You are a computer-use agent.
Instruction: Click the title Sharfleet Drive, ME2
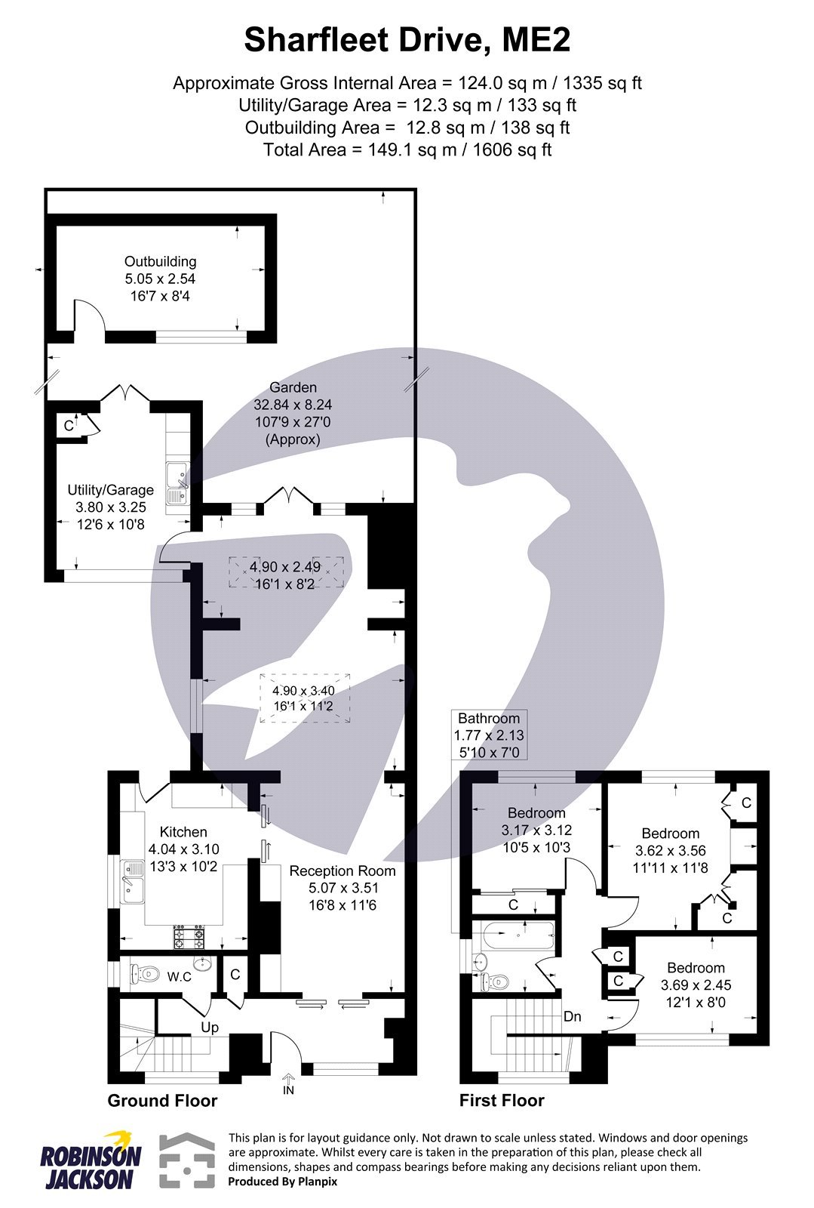(x=407, y=40)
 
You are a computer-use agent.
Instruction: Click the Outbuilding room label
(x=160, y=262)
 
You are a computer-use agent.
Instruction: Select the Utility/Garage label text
(x=110, y=490)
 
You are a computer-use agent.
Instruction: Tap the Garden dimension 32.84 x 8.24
(x=293, y=405)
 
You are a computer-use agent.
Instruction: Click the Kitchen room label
(x=183, y=832)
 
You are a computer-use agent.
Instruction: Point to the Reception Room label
(x=342, y=871)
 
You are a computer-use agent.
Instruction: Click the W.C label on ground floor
(x=179, y=977)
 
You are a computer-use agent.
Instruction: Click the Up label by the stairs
(x=210, y=1028)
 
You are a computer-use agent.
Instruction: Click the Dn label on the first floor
(x=573, y=1016)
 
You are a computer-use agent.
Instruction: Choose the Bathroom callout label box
(x=489, y=735)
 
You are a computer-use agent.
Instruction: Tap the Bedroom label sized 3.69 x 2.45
(x=696, y=968)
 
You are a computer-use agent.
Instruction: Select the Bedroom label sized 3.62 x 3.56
(x=670, y=834)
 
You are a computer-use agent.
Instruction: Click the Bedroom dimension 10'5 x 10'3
(x=536, y=847)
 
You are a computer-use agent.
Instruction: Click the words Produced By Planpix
(x=282, y=1182)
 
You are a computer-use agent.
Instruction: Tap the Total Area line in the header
(x=407, y=149)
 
